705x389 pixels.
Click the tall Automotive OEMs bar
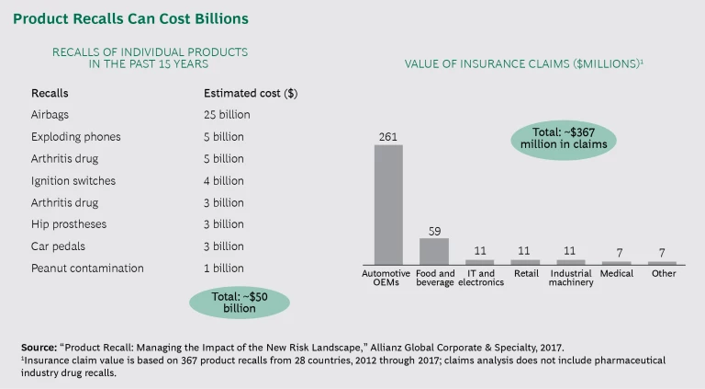[388, 204]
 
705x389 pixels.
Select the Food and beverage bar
[434, 251]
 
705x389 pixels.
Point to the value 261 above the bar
[388, 136]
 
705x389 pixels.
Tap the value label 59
[434, 230]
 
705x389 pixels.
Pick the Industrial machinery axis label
[571, 278]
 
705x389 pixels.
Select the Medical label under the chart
[617, 273]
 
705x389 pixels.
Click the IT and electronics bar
[480, 262]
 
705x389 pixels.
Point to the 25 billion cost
[227, 115]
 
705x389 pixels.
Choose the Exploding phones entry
[75, 137]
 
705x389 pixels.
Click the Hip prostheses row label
[68, 224]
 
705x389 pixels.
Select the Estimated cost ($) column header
[250, 94]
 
